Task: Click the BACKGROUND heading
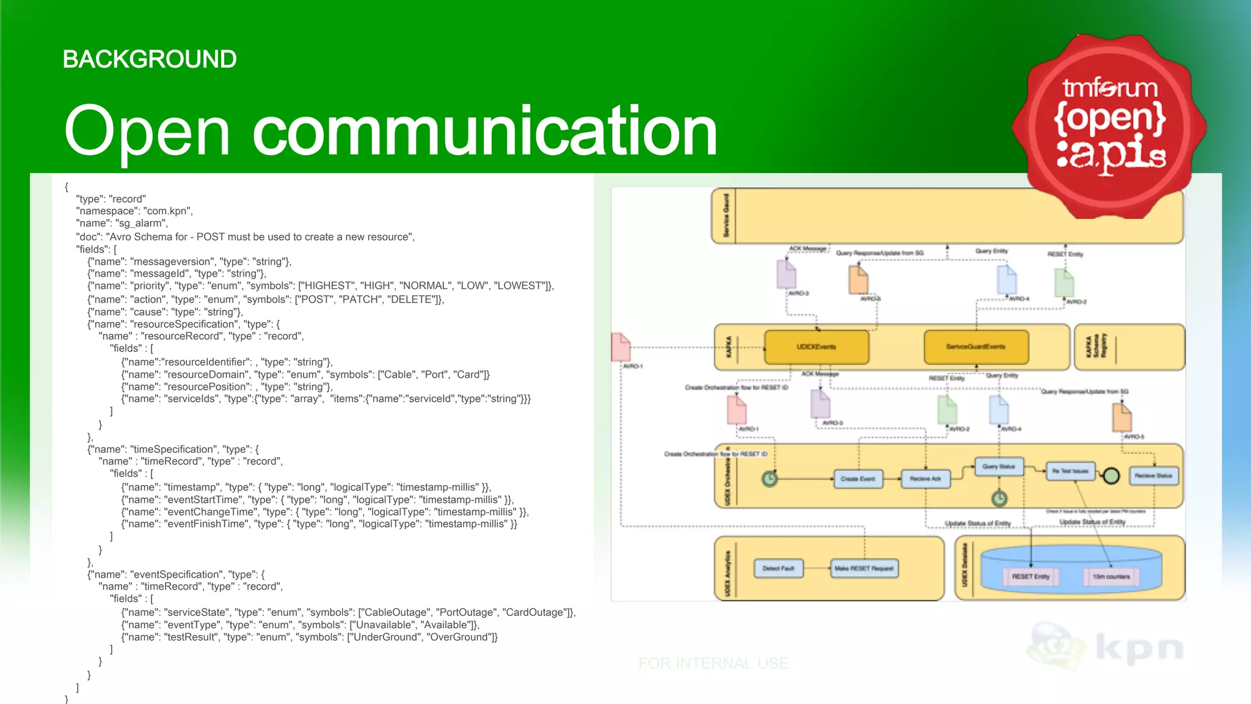150,59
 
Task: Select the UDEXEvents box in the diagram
816,347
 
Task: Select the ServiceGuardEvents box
976,347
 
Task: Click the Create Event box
858,479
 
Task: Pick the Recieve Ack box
925,479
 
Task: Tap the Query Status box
999,467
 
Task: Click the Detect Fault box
778,568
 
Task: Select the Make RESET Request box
864,568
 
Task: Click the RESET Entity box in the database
1030,576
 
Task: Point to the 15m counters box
1111,576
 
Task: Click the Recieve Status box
1153,475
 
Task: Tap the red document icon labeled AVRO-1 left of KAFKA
621,347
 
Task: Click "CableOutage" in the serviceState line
393,612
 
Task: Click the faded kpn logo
1106,648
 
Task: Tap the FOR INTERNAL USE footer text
713,663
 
